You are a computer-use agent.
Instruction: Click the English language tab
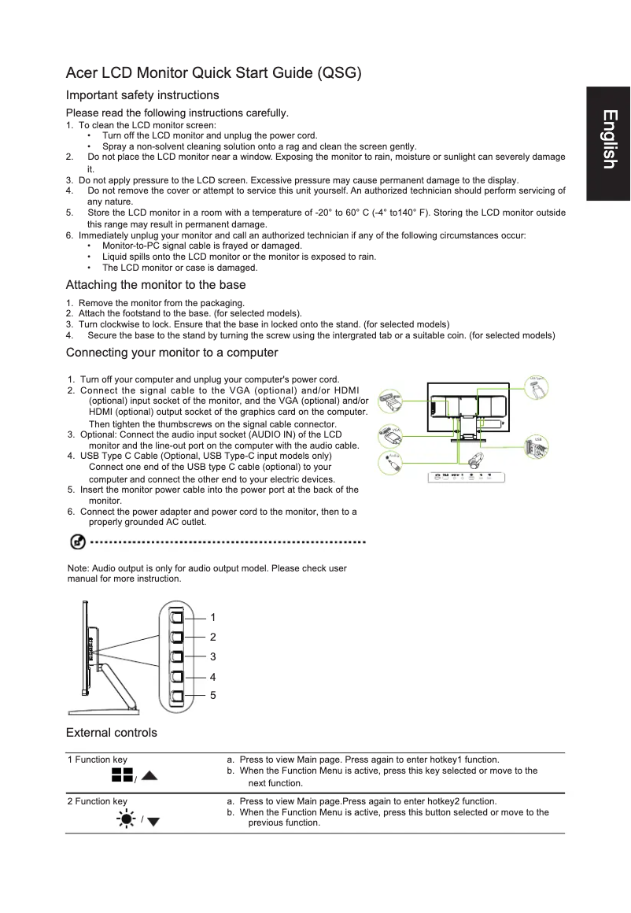point(608,139)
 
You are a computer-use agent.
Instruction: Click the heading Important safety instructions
point(142,95)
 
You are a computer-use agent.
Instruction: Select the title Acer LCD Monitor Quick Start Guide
point(214,74)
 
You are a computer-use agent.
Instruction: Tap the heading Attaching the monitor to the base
point(156,285)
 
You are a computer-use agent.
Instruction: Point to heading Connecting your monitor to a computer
point(172,352)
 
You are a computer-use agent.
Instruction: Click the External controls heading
point(112,733)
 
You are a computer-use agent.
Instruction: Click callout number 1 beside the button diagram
point(213,617)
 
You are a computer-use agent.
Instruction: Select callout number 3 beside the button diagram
point(213,656)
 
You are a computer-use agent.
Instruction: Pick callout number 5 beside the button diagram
point(213,696)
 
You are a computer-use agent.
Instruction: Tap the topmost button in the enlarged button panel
point(177,616)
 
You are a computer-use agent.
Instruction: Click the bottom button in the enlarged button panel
point(177,697)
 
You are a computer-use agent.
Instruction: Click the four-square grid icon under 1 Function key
point(121,776)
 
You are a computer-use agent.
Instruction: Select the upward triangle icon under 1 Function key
point(149,777)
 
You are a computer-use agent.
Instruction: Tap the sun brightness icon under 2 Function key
point(125,820)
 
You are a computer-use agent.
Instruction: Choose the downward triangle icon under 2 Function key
point(153,822)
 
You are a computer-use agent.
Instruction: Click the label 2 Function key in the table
point(98,801)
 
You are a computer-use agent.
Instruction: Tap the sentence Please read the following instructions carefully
point(177,113)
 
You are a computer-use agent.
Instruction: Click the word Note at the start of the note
point(78,568)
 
